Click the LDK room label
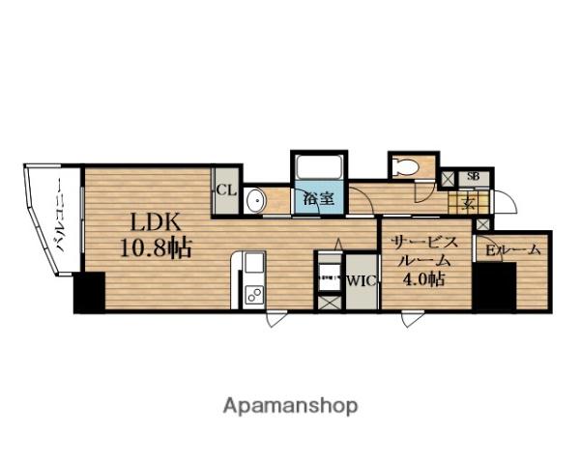(x=142, y=219)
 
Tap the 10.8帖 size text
(x=155, y=247)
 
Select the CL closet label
(x=226, y=190)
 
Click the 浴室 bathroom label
(x=319, y=200)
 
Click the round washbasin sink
(x=256, y=200)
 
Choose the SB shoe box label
(x=473, y=176)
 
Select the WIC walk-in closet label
(x=361, y=281)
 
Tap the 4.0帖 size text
(x=425, y=280)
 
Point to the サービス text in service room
(x=425, y=242)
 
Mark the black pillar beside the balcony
(x=89, y=293)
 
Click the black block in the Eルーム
(x=494, y=286)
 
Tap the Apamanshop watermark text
(x=290, y=405)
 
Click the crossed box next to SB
(x=448, y=178)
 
